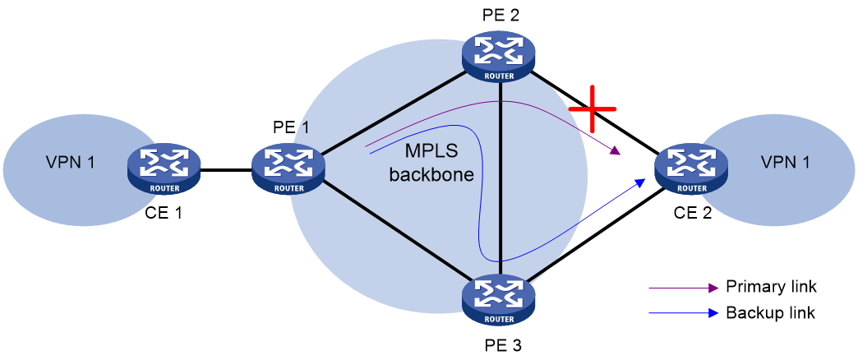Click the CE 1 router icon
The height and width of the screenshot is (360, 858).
[x=164, y=168]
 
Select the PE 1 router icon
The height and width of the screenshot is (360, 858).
[x=288, y=168]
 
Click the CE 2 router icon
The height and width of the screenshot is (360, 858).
[x=693, y=168]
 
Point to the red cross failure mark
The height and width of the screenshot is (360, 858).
[x=592, y=108]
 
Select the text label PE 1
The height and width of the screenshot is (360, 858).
[x=291, y=127]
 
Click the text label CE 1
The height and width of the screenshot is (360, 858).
[x=164, y=212]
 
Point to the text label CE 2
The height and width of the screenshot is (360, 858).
[x=693, y=212]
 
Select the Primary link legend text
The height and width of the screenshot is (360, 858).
[x=770, y=286]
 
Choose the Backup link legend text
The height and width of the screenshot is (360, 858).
[x=770, y=313]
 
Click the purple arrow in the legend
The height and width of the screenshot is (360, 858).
[x=683, y=287]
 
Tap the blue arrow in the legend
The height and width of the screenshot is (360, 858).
[x=683, y=313]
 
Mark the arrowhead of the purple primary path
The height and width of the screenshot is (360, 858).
[x=616, y=150]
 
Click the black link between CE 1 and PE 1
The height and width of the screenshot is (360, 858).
[x=226, y=170]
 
